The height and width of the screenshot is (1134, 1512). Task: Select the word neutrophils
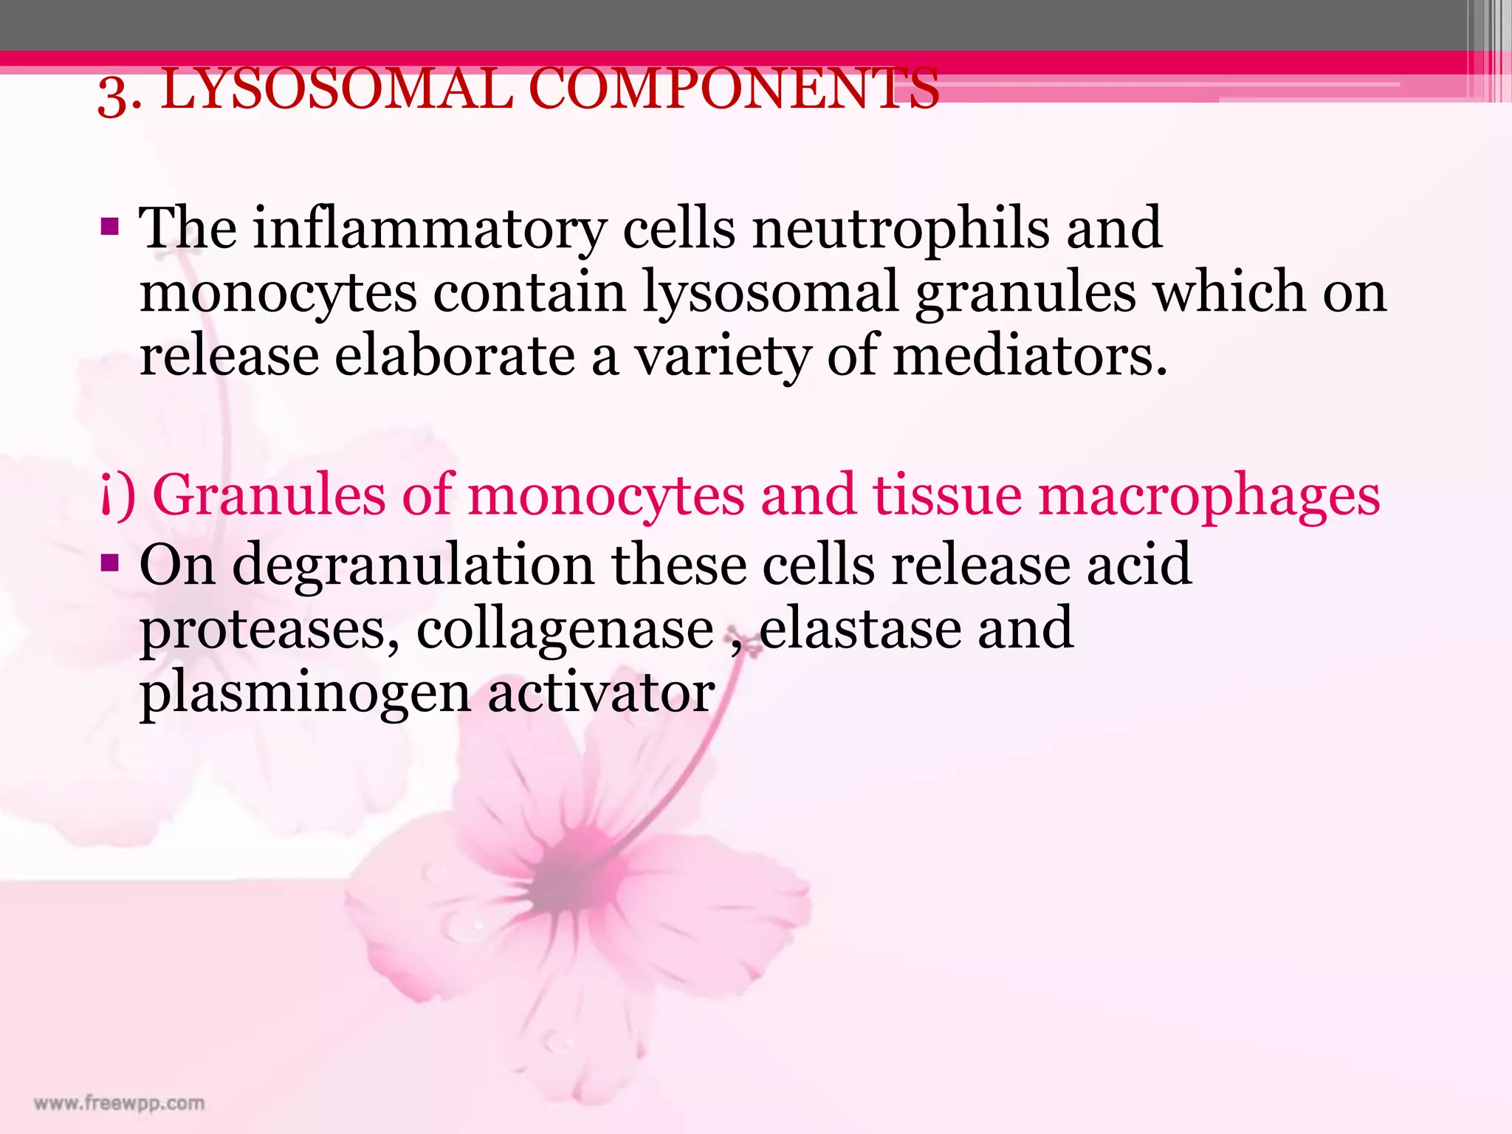pyautogui.click(x=900, y=228)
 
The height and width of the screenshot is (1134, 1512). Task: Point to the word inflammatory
pyautogui.click(x=430, y=230)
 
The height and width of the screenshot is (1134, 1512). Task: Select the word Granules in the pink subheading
pyautogui.click(x=269, y=495)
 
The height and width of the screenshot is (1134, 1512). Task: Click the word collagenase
pyautogui.click(x=565, y=629)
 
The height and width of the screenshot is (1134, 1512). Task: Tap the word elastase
pyautogui.click(x=860, y=629)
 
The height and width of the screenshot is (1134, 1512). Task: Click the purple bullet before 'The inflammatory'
pyautogui.click(x=109, y=226)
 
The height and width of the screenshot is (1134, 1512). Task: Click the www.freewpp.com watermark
pyautogui.click(x=119, y=1104)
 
